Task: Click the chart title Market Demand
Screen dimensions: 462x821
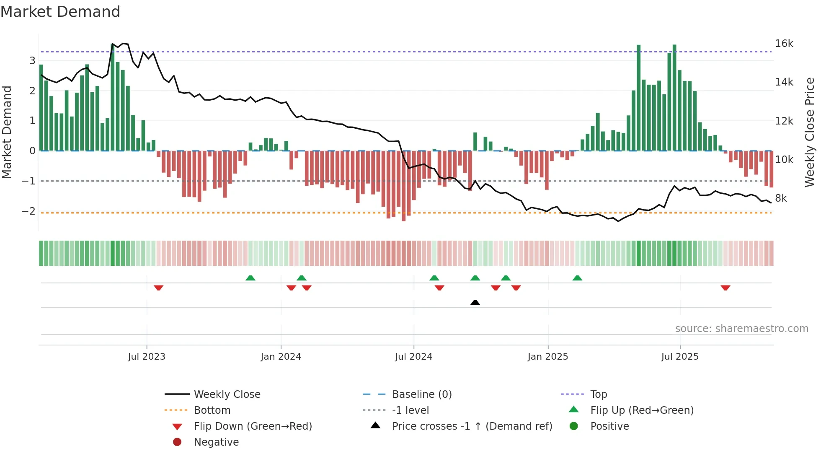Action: [x=60, y=11]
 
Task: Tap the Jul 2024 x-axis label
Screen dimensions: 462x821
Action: [x=413, y=357]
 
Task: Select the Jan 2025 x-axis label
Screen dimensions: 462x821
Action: [x=547, y=357]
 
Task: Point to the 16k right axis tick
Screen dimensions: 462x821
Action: [x=784, y=44]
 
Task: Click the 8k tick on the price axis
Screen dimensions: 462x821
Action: [x=781, y=198]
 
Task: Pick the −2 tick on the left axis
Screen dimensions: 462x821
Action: [x=28, y=211]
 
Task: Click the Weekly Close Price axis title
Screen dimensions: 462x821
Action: [x=809, y=132]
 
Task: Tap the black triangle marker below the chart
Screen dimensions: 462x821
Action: [x=475, y=302]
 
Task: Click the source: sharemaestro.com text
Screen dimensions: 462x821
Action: [x=741, y=329]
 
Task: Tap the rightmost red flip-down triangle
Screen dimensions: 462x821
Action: [x=725, y=288]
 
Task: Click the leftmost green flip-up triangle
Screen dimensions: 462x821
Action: [x=250, y=278]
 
